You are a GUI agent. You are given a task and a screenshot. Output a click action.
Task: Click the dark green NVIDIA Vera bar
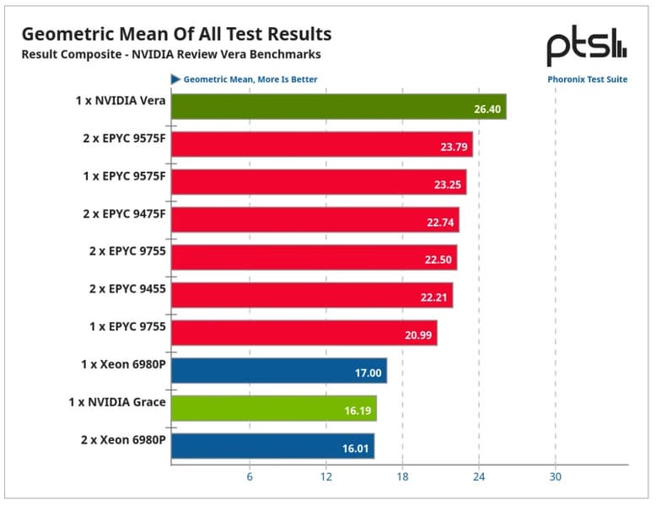click(338, 107)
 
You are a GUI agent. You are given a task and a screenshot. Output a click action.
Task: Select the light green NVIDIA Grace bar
click(273, 408)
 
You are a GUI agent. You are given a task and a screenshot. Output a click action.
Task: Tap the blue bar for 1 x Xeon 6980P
click(279, 370)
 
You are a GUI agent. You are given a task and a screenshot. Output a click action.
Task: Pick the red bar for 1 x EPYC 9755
click(304, 333)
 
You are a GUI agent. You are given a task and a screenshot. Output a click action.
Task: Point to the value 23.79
click(454, 147)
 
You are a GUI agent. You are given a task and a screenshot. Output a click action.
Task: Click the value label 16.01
click(355, 449)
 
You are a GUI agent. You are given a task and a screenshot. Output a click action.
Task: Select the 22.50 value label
click(438, 260)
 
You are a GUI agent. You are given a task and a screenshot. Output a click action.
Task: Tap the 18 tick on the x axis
click(402, 476)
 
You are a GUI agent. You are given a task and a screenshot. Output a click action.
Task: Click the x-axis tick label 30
click(555, 476)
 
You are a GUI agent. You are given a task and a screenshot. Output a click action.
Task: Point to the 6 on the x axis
click(250, 476)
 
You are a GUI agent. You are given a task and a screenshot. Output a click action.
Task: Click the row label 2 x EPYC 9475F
click(124, 214)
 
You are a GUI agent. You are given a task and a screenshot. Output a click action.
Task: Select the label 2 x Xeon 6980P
click(123, 440)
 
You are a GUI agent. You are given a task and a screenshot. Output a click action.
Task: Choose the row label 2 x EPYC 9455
click(127, 288)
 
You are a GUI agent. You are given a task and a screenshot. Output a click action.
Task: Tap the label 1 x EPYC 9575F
click(124, 176)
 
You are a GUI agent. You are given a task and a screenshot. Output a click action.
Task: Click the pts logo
click(587, 46)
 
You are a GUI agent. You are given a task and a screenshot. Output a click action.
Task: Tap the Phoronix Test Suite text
click(588, 79)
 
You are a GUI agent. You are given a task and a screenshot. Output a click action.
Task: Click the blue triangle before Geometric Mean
click(175, 79)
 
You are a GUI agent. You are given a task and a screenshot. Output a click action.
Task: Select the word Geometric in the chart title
click(67, 35)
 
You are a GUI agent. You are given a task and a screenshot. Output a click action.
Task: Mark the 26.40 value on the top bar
click(487, 110)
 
